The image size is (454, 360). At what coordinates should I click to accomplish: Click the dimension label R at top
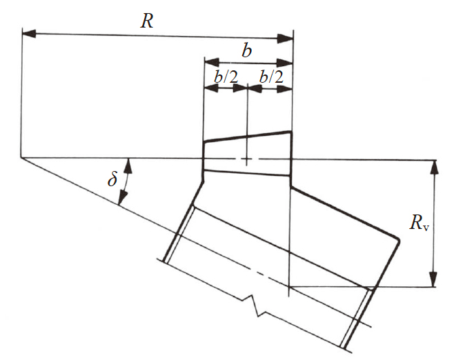(147, 21)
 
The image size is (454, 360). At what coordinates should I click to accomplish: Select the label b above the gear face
(247, 51)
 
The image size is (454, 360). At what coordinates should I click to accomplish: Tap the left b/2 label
(226, 77)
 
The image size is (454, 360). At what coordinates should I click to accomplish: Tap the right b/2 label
(271, 77)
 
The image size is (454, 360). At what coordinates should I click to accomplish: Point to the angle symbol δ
(112, 179)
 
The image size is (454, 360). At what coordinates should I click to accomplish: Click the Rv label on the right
(419, 223)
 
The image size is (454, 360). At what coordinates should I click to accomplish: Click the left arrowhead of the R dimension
(30, 33)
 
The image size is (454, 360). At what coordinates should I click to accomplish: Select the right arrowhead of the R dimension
(285, 39)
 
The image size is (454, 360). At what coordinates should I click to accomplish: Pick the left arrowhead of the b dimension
(212, 62)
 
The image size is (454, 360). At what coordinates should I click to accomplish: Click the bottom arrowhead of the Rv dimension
(433, 279)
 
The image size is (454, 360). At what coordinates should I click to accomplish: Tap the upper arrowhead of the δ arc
(128, 166)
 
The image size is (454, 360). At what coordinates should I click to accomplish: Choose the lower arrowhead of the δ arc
(123, 198)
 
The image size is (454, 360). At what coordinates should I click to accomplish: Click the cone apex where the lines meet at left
(21, 157)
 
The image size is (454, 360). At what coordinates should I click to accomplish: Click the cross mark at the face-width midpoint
(247, 159)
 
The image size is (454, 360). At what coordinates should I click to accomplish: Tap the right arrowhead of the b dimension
(285, 63)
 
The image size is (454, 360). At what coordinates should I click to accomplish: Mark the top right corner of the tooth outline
(290, 132)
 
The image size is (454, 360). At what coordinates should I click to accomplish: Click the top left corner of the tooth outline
(204, 142)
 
